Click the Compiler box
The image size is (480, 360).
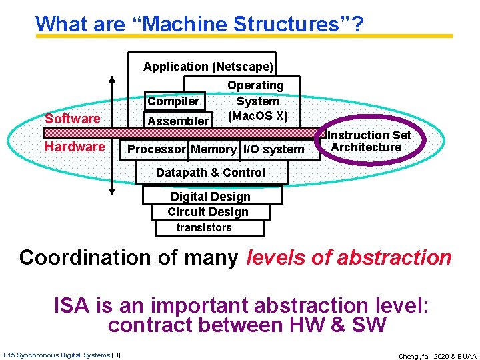[173, 101]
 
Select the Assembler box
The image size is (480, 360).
[177, 121]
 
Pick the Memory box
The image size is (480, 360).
[213, 149]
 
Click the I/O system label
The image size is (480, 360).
[273, 149]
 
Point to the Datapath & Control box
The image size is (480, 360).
[211, 173]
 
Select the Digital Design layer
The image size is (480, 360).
[211, 197]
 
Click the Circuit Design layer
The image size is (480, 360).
[208, 212]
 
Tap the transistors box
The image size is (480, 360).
[204, 228]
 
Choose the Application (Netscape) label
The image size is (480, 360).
[208, 67]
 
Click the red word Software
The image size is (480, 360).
[72, 119]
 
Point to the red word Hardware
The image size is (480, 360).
[75, 147]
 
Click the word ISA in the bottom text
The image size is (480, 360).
[73, 307]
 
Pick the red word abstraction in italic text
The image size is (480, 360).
[394, 257]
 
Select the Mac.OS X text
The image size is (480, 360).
[257, 116]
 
